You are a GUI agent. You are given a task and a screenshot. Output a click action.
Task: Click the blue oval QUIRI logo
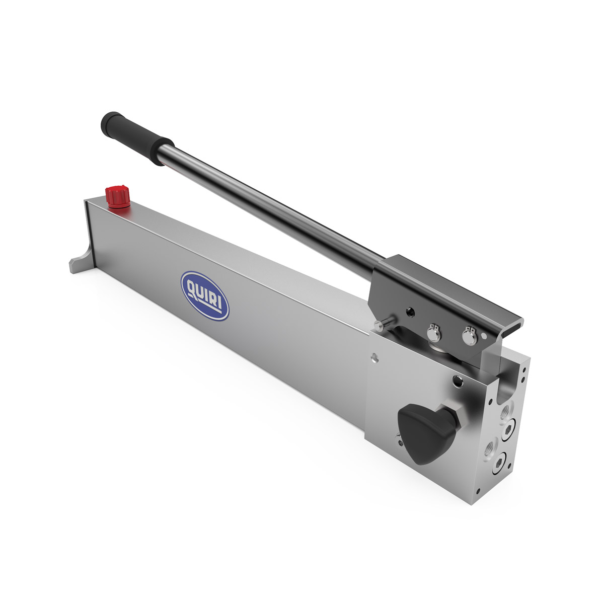click(205, 296)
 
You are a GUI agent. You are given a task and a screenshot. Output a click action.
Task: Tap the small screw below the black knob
click(400, 443)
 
